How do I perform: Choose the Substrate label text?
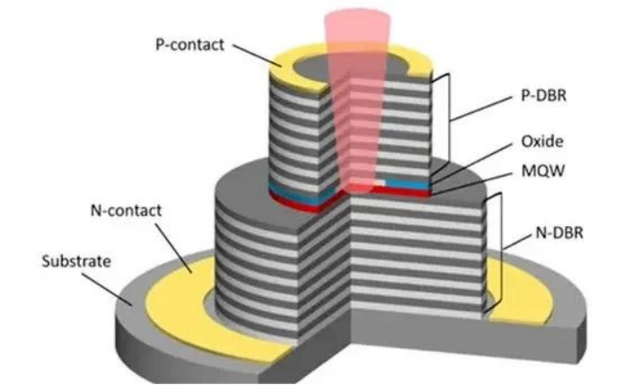75,262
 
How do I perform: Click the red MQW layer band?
296,202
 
